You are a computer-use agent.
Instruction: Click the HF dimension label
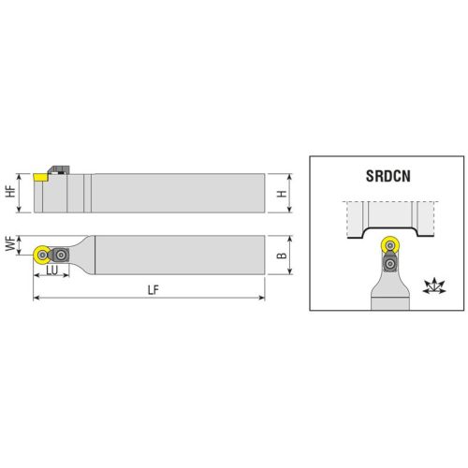click(11, 191)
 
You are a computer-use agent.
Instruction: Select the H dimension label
click(282, 194)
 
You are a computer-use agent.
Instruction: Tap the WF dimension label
click(11, 243)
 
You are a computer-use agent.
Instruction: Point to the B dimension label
click(282, 256)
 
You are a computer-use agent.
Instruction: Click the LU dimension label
click(52, 271)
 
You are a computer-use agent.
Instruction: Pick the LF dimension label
click(154, 290)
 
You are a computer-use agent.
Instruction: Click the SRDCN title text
click(388, 176)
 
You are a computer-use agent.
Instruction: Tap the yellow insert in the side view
click(40, 177)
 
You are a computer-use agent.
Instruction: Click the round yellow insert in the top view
click(41, 256)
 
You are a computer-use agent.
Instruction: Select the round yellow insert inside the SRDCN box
click(389, 245)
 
